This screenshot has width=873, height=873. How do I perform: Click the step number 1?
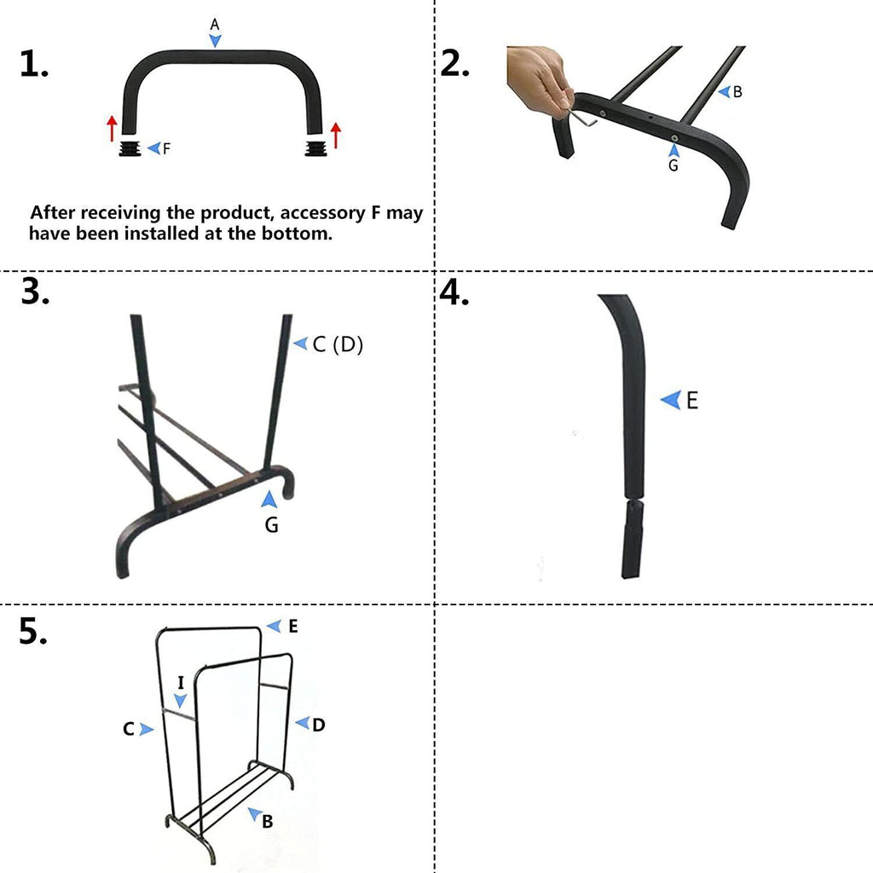click(x=33, y=65)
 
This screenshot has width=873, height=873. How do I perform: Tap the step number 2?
click(x=454, y=65)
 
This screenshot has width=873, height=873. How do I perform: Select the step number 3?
click(x=34, y=292)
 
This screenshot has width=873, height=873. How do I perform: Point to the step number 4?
click(x=455, y=292)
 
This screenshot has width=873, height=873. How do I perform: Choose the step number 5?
click(x=34, y=632)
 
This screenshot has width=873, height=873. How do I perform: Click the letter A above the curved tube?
click(x=215, y=26)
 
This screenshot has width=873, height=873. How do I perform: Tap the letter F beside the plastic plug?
click(x=166, y=148)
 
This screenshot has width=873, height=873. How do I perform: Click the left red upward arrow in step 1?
click(x=112, y=129)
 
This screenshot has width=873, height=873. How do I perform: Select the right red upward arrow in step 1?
click(x=336, y=134)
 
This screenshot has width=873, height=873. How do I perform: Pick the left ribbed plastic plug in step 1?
click(x=130, y=150)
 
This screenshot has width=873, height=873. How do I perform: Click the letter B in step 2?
click(x=737, y=92)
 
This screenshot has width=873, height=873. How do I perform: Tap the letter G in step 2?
click(x=673, y=165)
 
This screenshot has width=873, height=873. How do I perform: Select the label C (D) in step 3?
click(x=338, y=344)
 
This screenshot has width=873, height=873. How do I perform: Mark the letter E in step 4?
click(x=691, y=400)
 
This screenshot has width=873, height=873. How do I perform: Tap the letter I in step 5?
click(x=181, y=682)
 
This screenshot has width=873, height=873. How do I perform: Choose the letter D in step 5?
click(x=318, y=725)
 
